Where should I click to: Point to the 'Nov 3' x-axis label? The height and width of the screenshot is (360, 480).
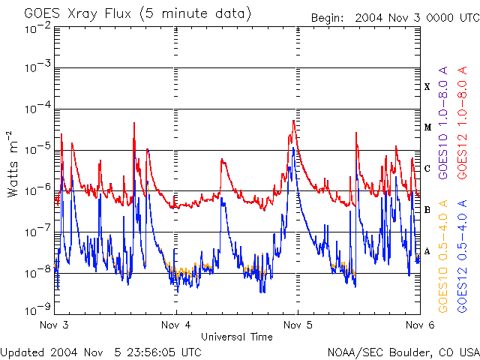pos(55,325)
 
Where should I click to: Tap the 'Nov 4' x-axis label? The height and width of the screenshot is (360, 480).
pos(177,325)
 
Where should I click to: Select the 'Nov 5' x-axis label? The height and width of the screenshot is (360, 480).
pos(298,325)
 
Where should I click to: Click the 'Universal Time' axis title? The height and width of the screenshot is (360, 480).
pos(237,337)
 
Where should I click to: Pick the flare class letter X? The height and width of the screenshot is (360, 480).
pos(427,87)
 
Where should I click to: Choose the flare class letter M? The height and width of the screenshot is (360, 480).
pos(427,127)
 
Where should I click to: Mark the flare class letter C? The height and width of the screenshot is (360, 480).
pos(427,169)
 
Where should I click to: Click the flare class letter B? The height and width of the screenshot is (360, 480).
pos(427,210)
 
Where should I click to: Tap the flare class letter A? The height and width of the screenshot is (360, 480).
pos(427,251)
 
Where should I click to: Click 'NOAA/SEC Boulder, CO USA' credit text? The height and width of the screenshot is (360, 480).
pos(403,352)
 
